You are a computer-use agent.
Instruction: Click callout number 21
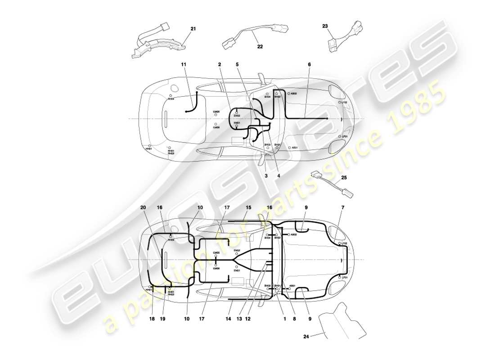click(193, 28)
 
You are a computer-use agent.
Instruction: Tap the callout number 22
click(260, 46)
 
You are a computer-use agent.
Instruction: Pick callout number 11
click(184, 65)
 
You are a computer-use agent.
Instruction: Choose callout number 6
click(309, 64)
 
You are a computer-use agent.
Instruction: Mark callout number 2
click(220, 65)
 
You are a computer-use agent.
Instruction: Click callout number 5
click(237, 64)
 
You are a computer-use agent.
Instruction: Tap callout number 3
click(266, 176)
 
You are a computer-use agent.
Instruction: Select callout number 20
click(144, 207)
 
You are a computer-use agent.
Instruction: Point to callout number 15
click(248, 207)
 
